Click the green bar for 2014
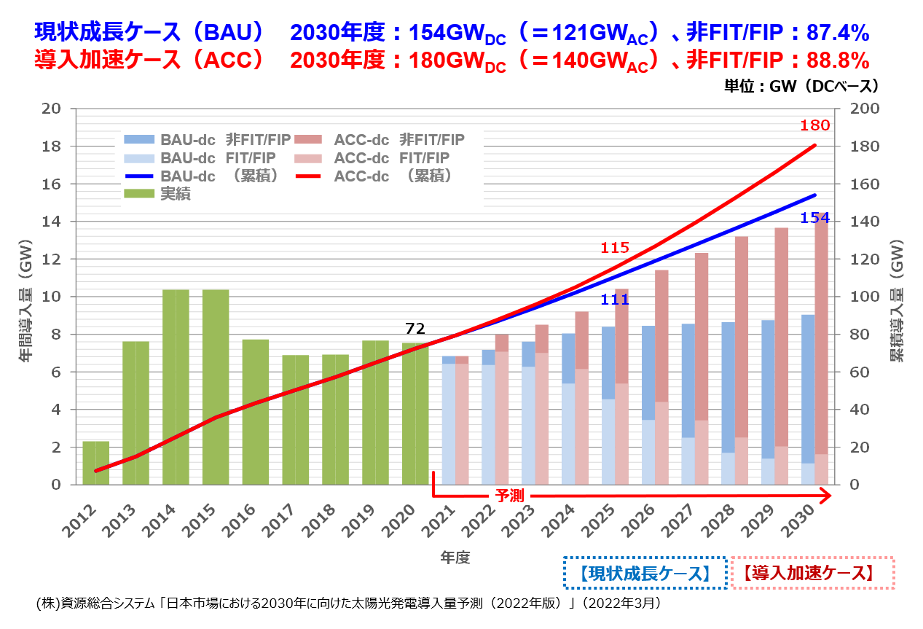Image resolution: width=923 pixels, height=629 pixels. coord(176,386)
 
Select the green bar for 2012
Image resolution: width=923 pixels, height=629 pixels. coord(95,462)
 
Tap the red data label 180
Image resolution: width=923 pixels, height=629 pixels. coord(814,125)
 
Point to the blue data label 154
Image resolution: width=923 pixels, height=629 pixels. coord(814,217)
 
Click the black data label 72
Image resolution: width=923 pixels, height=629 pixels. coord(415,328)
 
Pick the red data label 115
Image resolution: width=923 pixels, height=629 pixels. coord(614,248)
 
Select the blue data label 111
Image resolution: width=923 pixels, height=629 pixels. coord(615,300)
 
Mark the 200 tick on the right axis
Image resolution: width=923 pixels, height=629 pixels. coord(860,109)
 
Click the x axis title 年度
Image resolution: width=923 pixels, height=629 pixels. coord(455,558)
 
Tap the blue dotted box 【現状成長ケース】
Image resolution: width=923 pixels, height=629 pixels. coord(645,573)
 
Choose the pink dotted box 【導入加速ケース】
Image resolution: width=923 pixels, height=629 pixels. coord(812,573)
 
